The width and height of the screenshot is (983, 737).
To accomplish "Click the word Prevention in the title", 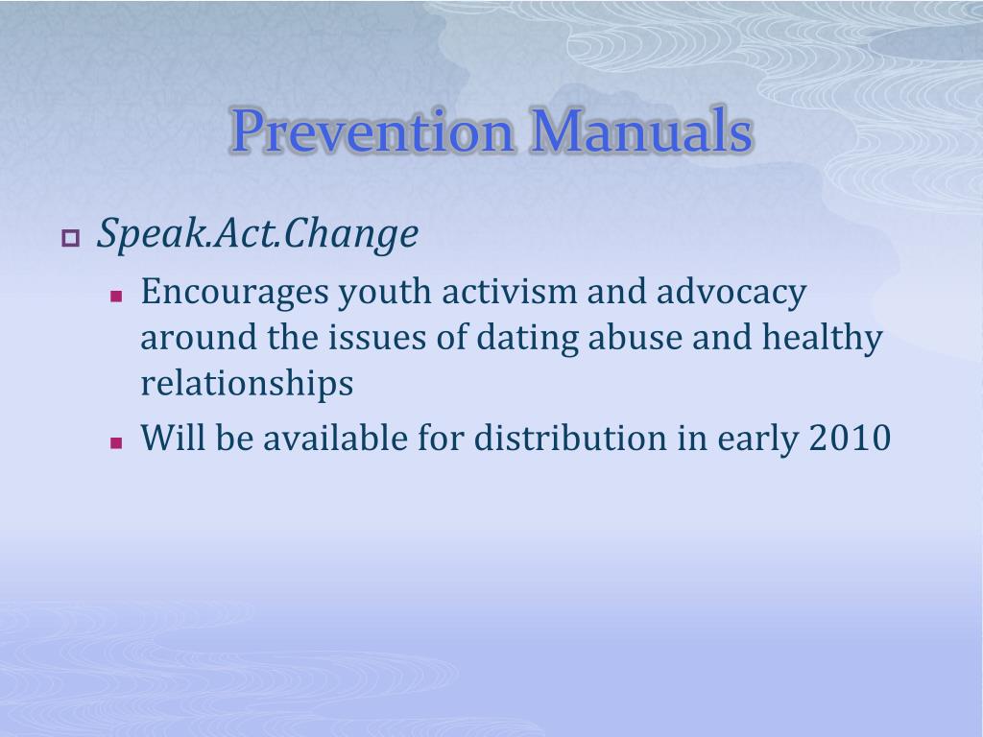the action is point(372,131).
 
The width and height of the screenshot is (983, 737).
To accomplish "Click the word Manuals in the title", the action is point(641,130).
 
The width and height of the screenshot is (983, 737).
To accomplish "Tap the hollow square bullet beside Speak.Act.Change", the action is point(71,238).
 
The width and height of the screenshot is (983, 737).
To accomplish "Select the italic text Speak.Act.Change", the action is point(257,234).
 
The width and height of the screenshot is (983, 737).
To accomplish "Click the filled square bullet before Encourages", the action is point(116,296).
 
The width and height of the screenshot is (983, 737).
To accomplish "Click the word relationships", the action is point(247,384).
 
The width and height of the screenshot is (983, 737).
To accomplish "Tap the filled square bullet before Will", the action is point(116,443).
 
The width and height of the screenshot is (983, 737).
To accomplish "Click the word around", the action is point(199,337).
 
